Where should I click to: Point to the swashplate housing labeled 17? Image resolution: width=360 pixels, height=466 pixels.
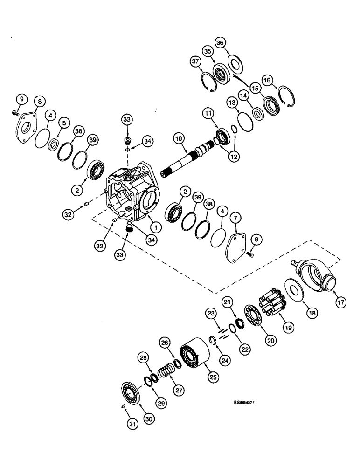coord(313,278)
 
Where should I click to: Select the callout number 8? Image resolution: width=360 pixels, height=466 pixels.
coord(40,101)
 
